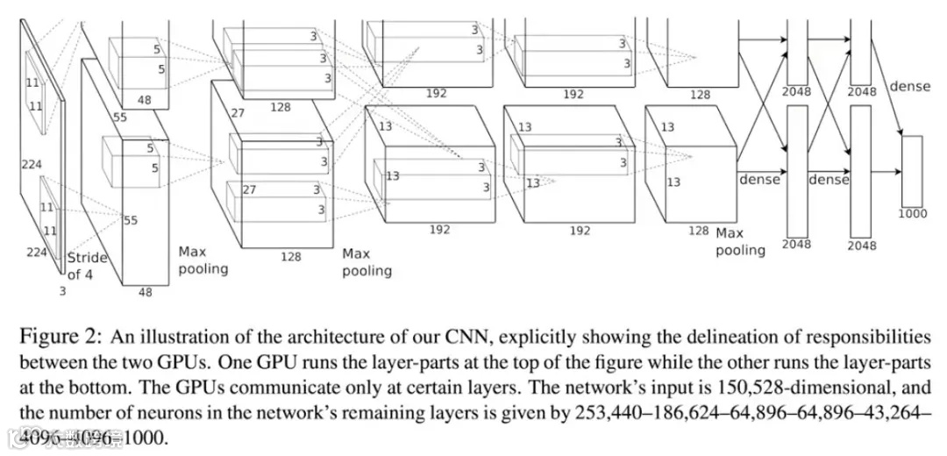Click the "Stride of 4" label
coord(88,266)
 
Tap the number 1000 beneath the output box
coord(913,213)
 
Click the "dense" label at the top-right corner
coord(909,86)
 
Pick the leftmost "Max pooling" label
coord(203,260)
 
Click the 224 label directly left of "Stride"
coord(36,253)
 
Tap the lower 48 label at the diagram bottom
coord(145,292)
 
